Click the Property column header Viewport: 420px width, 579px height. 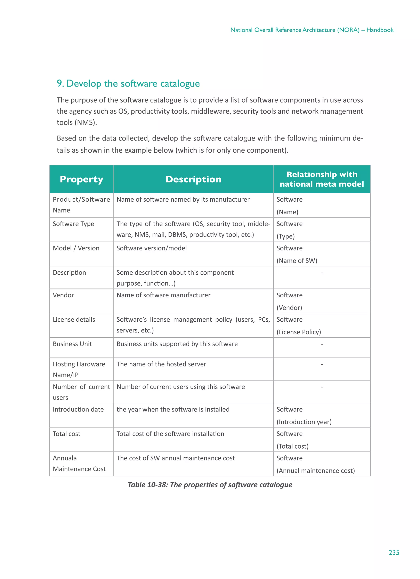[x=81, y=179]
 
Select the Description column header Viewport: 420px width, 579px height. [x=193, y=179]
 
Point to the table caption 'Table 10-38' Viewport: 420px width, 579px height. [x=210, y=484]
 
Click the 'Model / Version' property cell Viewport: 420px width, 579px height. [x=76, y=248]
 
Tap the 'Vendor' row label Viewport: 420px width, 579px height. [x=63, y=295]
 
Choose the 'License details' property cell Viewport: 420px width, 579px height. [x=74, y=319]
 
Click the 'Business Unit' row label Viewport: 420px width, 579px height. [x=72, y=344]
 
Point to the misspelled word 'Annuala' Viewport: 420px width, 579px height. [x=65, y=458]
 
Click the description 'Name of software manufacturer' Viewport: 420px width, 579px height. [x=163, y=295]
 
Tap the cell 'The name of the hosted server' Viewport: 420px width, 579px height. [x=161, y=364]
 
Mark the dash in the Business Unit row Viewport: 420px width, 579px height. [x=322, y=344]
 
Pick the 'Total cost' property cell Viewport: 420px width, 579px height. [x=66, y=434]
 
